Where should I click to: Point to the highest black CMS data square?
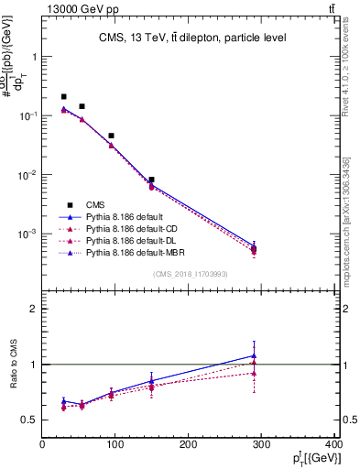[63, 96]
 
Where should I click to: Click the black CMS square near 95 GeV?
[111, 136]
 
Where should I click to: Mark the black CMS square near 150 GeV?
[151, 180]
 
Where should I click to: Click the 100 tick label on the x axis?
[115, 446]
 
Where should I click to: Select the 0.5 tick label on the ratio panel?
[28, 420]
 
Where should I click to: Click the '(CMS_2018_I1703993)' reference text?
[190, 273]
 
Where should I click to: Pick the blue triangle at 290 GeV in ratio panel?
[254, 355]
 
